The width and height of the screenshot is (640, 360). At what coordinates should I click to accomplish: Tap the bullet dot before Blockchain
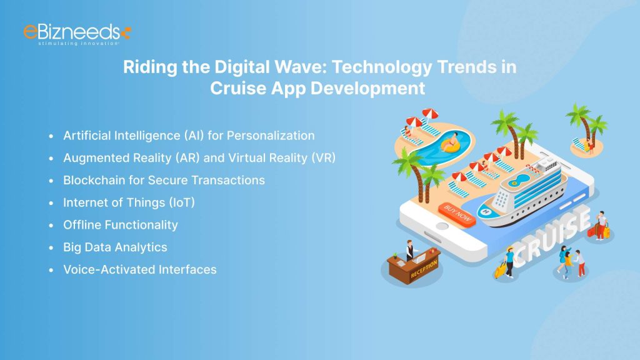point(51,181)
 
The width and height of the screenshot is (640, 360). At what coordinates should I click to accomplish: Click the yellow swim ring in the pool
point(449,146)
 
